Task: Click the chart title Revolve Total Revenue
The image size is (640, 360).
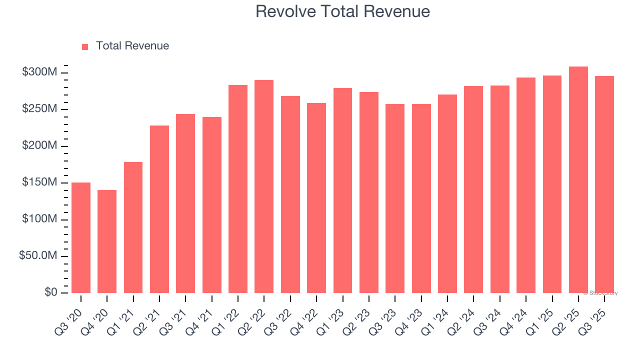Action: (x=342, y=11)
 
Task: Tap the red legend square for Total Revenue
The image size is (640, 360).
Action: (x=85, y=46)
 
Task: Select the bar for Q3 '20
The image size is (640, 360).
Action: (x=81, y=237)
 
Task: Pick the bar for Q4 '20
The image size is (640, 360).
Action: (x=107, y=241)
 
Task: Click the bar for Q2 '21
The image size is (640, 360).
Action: (x=159, y=209)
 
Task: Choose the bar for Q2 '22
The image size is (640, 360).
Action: (x=264, y=186)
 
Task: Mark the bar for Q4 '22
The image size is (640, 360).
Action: (x=316, y=198)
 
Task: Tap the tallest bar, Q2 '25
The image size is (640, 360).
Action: (x=578, y=179)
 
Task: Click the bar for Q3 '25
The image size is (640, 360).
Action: (x=604, y=184)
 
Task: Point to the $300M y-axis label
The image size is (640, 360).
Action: (x=39, y=72)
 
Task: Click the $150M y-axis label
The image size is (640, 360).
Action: (x=39, y=182)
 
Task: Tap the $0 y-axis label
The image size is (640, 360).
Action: (x=50, y=292)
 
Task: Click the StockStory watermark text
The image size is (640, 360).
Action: (x=600, y=293)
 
